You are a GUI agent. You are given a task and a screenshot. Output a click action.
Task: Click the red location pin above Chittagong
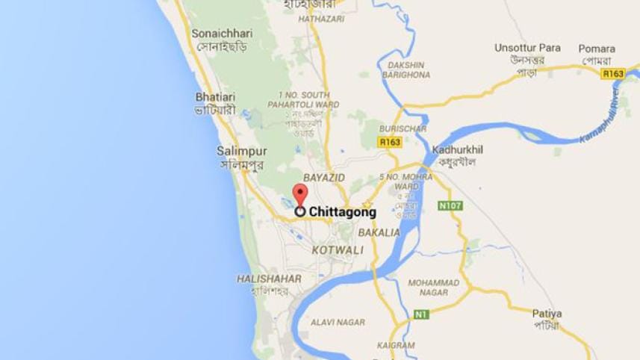pos(299,194)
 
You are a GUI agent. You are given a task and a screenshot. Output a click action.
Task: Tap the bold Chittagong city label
pos(342,212)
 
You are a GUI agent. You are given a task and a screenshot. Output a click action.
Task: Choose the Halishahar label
pos(269,279)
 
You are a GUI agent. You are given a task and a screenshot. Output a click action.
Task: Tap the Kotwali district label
pos(338,248)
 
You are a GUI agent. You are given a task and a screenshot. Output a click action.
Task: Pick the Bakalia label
pos(379,232)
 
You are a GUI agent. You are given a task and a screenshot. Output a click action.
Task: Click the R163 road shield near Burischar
pos(390,140)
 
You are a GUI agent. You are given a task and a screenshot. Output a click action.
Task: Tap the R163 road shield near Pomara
pos(613,73)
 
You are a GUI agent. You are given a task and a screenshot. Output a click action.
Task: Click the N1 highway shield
pos(421,314)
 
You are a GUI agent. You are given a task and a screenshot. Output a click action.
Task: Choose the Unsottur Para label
pos(527,48)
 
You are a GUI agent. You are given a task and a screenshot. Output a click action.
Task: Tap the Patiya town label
pos(547,314)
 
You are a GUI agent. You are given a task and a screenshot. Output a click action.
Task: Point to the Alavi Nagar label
pos(338,323)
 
